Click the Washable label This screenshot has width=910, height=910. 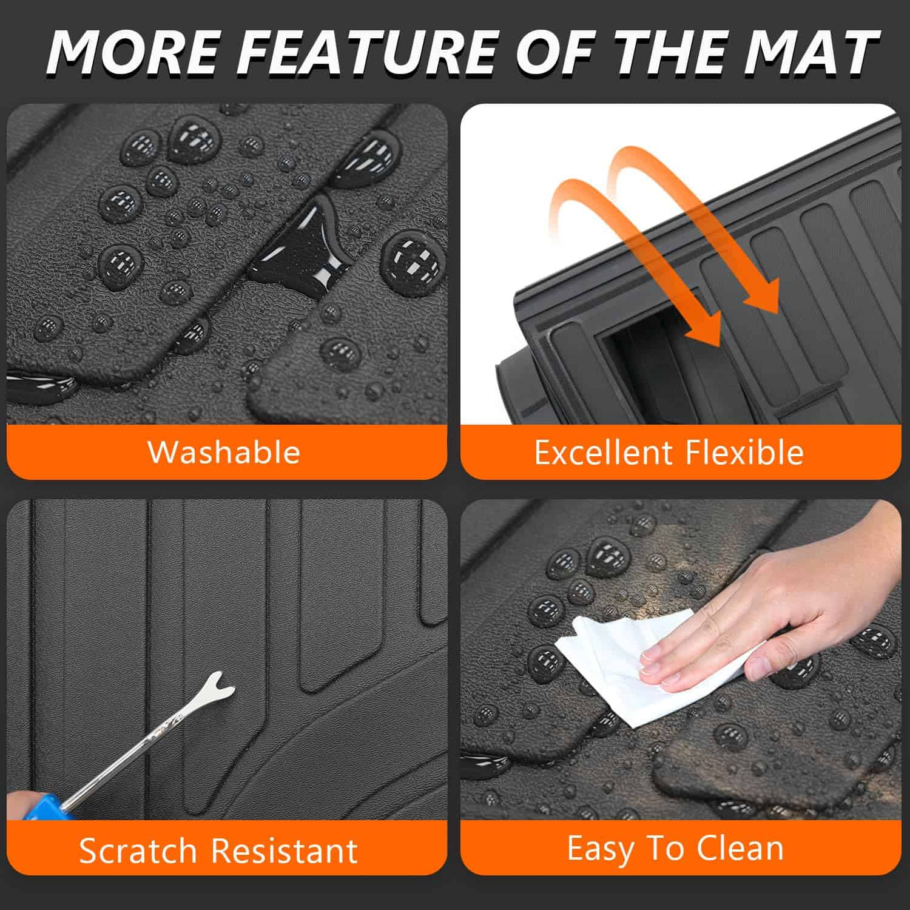[224, 453]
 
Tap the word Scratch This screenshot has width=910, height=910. [143, 851]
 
